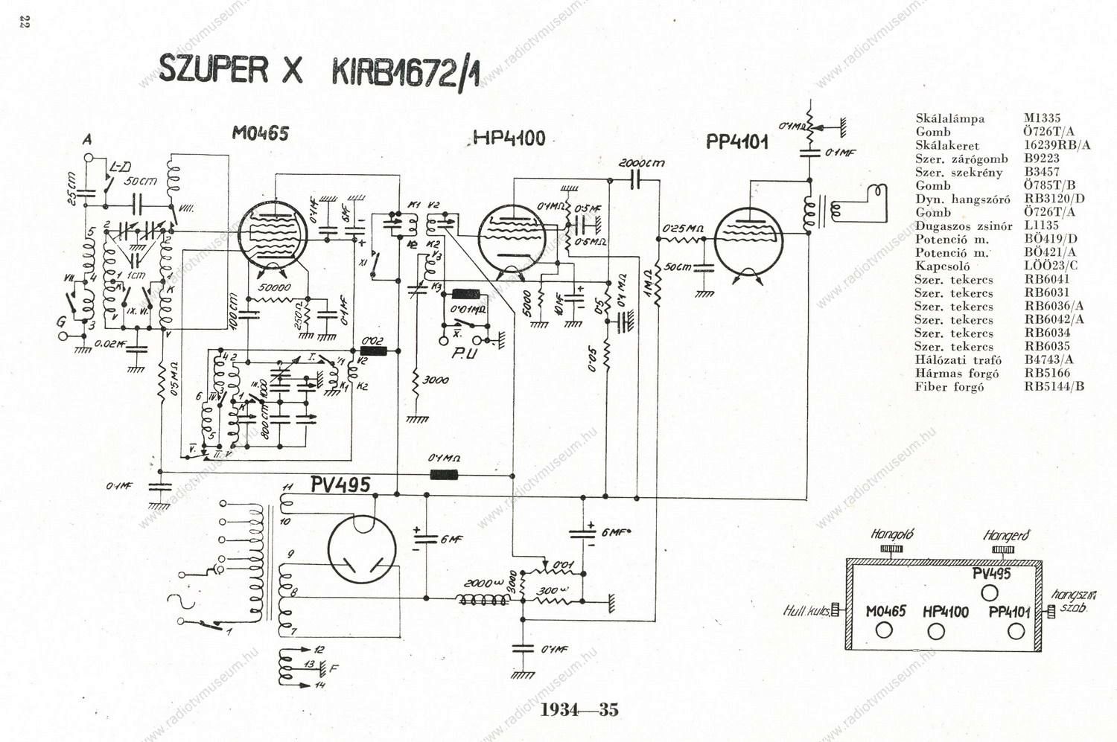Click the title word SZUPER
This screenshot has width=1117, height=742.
click(212, 69)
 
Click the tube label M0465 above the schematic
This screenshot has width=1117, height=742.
click(260, 133)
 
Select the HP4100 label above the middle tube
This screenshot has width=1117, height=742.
click(510, 138)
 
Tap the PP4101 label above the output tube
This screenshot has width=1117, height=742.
click(736, 141)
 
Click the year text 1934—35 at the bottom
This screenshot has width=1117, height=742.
click(579, 709)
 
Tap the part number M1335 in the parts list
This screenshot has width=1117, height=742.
click(1042, 118)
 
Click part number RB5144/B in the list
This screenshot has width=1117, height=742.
click(1054, 387)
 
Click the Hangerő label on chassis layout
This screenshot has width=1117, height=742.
click(1005, 535)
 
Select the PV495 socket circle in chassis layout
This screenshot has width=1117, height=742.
click(990, 592)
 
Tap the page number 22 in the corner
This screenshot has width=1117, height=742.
click(23, 22)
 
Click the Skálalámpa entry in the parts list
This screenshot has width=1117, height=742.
click(949, 118)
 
